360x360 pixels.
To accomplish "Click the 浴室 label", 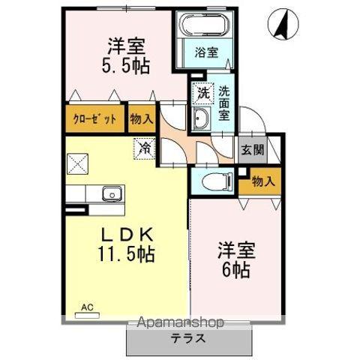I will tap(207, 53).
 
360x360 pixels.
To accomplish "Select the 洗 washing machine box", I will tap(202, 94).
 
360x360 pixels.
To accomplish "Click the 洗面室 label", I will tap(225, 103).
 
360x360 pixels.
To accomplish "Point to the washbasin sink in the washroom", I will tap(201, 118).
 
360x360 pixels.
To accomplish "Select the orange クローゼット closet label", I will tap(94, 118).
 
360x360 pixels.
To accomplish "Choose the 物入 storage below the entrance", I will tap(262, 181).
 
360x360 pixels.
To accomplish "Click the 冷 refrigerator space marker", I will tap(145, 148).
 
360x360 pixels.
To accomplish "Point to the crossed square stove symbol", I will tap(78, 163).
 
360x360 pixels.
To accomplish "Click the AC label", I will tap(87, 307).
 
